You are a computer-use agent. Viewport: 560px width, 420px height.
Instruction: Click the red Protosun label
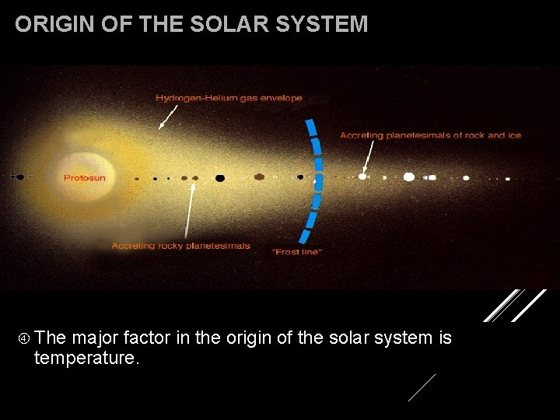(x=84, y=178)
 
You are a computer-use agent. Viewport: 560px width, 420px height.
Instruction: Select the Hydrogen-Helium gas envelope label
(x=229, y=98)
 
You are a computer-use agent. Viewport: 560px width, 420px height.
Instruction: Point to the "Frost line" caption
(x=296, y=252)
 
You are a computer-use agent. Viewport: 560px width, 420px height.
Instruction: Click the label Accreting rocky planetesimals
(x=181, y=246)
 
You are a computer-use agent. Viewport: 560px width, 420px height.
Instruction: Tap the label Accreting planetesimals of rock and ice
(x=430, y=135)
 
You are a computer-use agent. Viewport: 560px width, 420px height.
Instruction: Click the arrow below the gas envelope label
(x=167, y=117)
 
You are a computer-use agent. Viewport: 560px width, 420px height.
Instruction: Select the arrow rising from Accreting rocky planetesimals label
(x=189, y=210)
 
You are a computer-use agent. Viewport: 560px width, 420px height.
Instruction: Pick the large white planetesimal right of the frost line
(x=409, y=177)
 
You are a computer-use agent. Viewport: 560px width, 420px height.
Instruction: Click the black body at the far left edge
(x=19, y=177)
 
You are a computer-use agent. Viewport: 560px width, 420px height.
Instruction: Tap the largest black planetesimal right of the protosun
(x=220, y=178)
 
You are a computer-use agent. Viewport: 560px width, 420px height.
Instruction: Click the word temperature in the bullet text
(x=86, y=359)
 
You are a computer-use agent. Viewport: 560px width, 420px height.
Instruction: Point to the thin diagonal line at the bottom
(x=422, y=387)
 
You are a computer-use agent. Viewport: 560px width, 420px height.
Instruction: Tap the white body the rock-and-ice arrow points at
(x=362, y=177)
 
